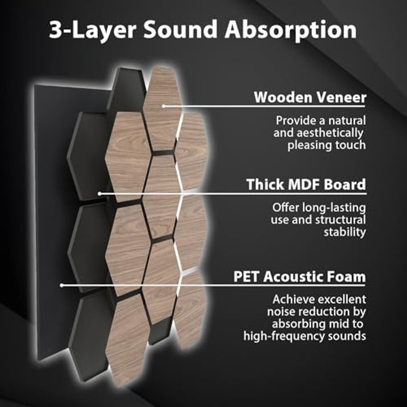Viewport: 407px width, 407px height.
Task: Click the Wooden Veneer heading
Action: [310, 97]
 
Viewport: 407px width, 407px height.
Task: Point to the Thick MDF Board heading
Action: [306, 185]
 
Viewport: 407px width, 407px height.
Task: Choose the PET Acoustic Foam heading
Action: [300, 277]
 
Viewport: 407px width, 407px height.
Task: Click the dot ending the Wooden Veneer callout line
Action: [164, 106]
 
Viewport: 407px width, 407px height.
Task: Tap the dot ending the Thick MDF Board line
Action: [100, 194]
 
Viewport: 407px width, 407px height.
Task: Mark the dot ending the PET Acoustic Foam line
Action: [62, 285]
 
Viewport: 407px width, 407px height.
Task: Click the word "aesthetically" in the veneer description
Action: [330, 133]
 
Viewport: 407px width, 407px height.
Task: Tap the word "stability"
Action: [345, 232]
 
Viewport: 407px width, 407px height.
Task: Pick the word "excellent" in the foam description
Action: [342, 300]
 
